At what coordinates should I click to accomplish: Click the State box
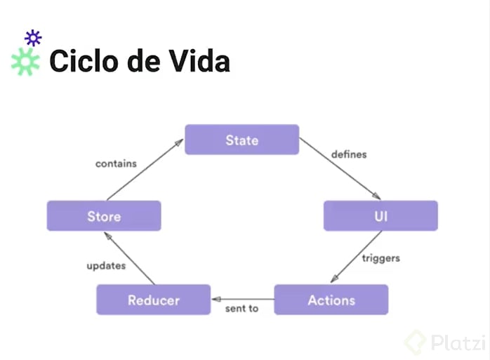click(242, 140)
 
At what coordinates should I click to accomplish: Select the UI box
click(380, 215)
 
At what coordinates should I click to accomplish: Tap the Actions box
click(331, 300)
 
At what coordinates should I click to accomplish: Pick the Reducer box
click(154, 300)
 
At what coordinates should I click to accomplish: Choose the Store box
click(104, 216)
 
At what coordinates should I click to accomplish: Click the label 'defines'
click(349, 154)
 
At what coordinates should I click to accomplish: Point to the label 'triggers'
click(381, 258)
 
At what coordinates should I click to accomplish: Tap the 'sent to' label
click(242, 309)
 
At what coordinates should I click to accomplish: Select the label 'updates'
click(106, 266)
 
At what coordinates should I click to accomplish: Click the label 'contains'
click(116, 164)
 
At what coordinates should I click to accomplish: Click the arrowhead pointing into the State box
click(179, 142)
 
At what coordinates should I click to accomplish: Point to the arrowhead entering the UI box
click(376, 196)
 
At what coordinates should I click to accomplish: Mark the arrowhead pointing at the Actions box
click(334, 279)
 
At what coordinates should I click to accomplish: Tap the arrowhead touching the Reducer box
click(216, 300)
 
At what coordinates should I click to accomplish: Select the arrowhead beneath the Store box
click(107, 236)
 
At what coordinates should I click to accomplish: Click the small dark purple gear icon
click(33, 38)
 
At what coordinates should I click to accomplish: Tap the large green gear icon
click(25, 62)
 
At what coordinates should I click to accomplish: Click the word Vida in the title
click(199, 61)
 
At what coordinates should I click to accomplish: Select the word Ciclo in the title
click(84, 61)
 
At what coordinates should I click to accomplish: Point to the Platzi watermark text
click(458, 343)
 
